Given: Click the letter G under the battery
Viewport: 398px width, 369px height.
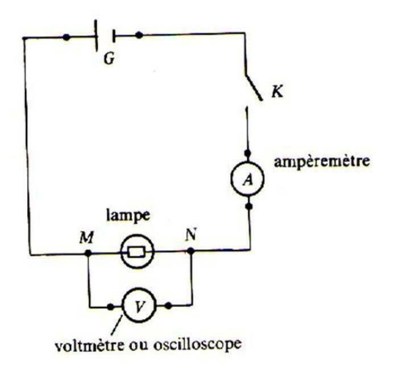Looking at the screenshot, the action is [x=109, y=59].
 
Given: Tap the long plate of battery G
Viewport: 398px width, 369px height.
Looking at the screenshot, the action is [x=96, y=35].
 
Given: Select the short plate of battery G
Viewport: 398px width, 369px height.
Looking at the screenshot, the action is [x=114, y=36].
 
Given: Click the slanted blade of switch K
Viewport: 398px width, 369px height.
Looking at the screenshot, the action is [x=254, y=88].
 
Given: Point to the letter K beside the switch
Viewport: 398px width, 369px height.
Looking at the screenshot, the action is [x=277, y=92].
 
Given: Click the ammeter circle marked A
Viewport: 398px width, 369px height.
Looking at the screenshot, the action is [x=247, y=179].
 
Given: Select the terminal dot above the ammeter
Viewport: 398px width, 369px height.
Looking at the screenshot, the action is [x=247, y=154].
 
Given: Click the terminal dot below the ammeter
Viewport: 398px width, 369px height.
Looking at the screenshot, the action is [x=249, y=206].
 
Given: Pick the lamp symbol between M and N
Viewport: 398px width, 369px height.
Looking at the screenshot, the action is [x=138, y=252].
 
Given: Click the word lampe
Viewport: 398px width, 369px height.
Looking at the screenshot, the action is [x=128, y=217].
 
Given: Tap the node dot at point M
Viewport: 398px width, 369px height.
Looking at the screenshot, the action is [x=88, y=253].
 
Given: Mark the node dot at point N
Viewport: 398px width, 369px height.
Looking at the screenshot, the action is [x=191, y=251].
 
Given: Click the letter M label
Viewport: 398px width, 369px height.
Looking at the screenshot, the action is [x=86, y=238].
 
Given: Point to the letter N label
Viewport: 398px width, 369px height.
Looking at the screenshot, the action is [x=191, y=235].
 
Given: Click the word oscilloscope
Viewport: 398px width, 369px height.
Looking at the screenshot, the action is [x=197, y=345].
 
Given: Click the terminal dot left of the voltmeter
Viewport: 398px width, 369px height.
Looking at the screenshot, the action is [x=110, y=307].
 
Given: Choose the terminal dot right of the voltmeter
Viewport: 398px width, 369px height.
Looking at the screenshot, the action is [x=168, y=305].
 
